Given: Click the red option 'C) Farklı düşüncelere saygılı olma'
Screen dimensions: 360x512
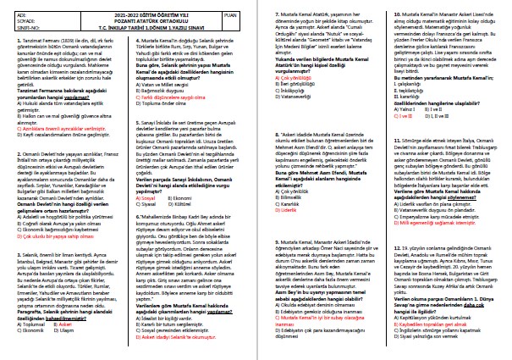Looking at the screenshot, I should click(168, 75).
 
